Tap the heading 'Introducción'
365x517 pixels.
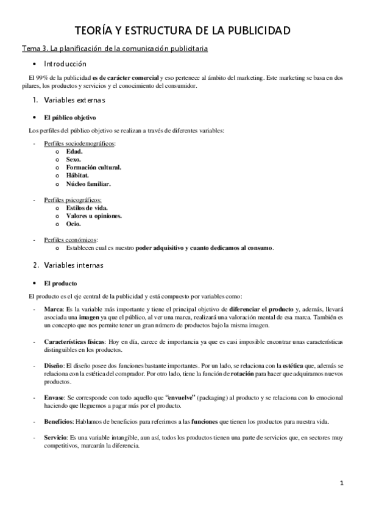click(x=65, y=64)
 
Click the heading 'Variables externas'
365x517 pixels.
click(x=75, y=100)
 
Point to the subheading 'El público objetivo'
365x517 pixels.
click(x=69, y=117)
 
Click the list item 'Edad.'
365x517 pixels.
click(x=74, y=151)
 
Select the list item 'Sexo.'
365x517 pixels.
click(x=74, y=159)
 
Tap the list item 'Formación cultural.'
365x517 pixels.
click(x=93, y=167)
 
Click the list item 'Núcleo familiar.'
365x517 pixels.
click(x=88, y=183)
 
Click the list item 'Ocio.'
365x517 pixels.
click(x=74, y=224)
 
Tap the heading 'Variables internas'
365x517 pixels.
click(x=74, y=265)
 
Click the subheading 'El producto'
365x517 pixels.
click(x=60, y=283)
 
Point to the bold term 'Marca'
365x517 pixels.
click(x=53, y=310)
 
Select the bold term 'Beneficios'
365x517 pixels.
click(x=58, y=421)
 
